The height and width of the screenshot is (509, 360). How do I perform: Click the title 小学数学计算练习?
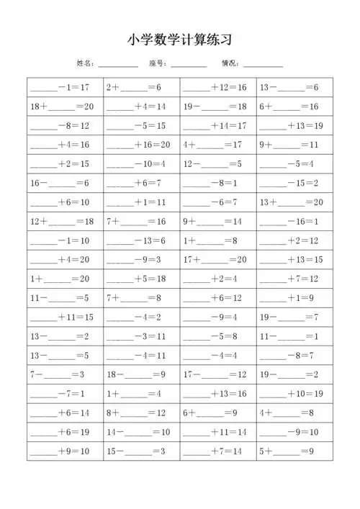179,40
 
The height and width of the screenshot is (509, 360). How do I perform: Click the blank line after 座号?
189,65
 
